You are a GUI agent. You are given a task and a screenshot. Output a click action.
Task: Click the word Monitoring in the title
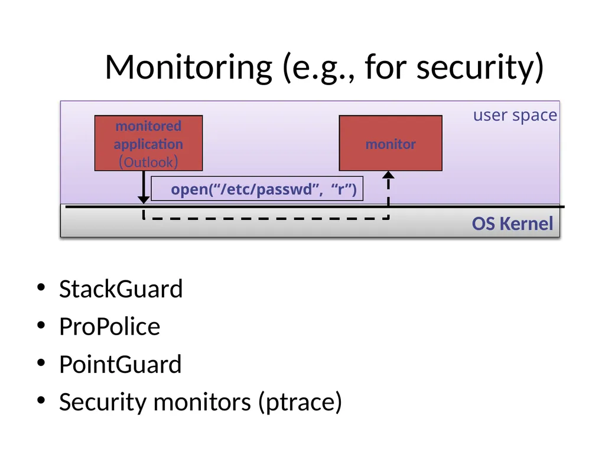(x=188, y=68)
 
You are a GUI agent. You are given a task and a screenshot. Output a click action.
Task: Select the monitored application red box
(x=148, y=143)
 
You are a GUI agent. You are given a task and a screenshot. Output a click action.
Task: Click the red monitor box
(x=391, y=143)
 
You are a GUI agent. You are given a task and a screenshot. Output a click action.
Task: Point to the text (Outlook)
(x=148, y=162)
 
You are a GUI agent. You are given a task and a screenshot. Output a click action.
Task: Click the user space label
(x=515, y=115)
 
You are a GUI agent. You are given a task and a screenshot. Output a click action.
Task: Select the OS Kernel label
(x=512, y=223)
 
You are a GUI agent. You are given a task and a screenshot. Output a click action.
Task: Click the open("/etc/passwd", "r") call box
(x=257, y=189)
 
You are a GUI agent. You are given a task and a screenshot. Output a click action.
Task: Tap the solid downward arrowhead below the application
(x=144, y=200)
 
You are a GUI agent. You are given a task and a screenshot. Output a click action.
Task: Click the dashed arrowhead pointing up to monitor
(x=388, y=175)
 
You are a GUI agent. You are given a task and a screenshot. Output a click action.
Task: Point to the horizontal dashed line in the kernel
(x=266, y=219)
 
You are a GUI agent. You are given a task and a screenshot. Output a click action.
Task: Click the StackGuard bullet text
(x=121, y=288)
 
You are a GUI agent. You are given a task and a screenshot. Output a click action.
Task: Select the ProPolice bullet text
(x=109, y=326)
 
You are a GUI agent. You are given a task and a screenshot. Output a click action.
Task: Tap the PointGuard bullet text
(x=121, y=364)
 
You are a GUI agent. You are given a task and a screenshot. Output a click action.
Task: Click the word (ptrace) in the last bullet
(x=300, y=402)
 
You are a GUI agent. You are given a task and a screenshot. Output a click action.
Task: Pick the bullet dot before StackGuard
(x=41, y=288)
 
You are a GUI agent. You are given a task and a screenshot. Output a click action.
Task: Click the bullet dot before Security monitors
(x=41, y=400)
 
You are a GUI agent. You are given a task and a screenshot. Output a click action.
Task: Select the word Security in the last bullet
(x=103, y=402)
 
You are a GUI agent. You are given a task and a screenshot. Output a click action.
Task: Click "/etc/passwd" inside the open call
(x=266, y=189)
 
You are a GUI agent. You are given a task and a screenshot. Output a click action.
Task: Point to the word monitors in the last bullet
(x=202, y=402)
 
